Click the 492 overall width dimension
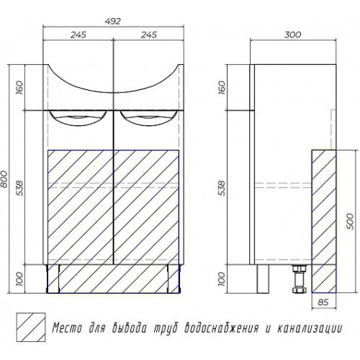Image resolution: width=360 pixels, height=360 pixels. coord(113,21)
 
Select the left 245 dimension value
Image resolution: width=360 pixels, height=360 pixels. coord(78,35)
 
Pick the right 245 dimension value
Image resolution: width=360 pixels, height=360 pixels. coord(149,35)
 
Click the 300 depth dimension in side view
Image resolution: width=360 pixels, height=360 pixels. coord(292,35)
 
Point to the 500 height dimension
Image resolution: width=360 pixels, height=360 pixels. coord(350,221)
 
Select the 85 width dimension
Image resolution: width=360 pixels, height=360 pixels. coord(323,302)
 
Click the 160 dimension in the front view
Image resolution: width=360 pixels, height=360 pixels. coord(20,87)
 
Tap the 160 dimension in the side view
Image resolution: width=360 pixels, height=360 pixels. coord(222,87)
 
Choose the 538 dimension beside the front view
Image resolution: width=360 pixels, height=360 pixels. coord(20,188)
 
